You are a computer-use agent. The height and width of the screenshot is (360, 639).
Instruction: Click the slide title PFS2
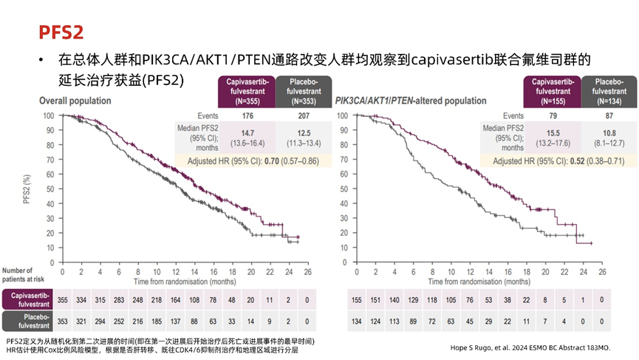(x=61, y=31)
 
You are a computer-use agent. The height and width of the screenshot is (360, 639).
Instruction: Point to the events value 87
(x=609, y=116)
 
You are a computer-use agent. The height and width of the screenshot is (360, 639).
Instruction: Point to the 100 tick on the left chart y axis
(x=49, y=115)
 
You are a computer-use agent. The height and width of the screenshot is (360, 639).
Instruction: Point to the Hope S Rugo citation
(x=530, y=347)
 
